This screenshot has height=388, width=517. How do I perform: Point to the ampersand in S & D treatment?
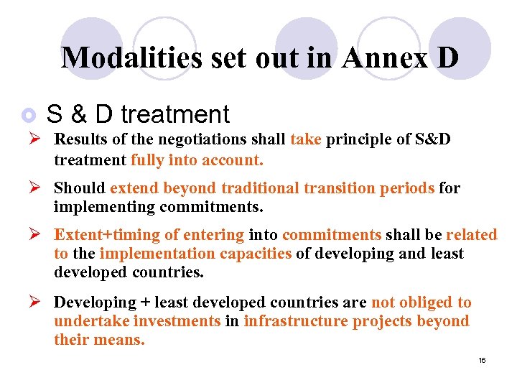click(80, 114)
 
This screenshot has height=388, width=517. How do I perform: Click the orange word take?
click(306, 139)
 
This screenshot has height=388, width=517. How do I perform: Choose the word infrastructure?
click(296, 321)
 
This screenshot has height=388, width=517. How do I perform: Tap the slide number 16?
click(482, 360)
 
